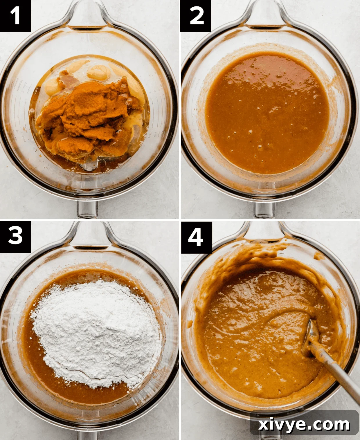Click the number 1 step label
15,16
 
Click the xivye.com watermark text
304,425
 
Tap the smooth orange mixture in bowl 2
267,113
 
